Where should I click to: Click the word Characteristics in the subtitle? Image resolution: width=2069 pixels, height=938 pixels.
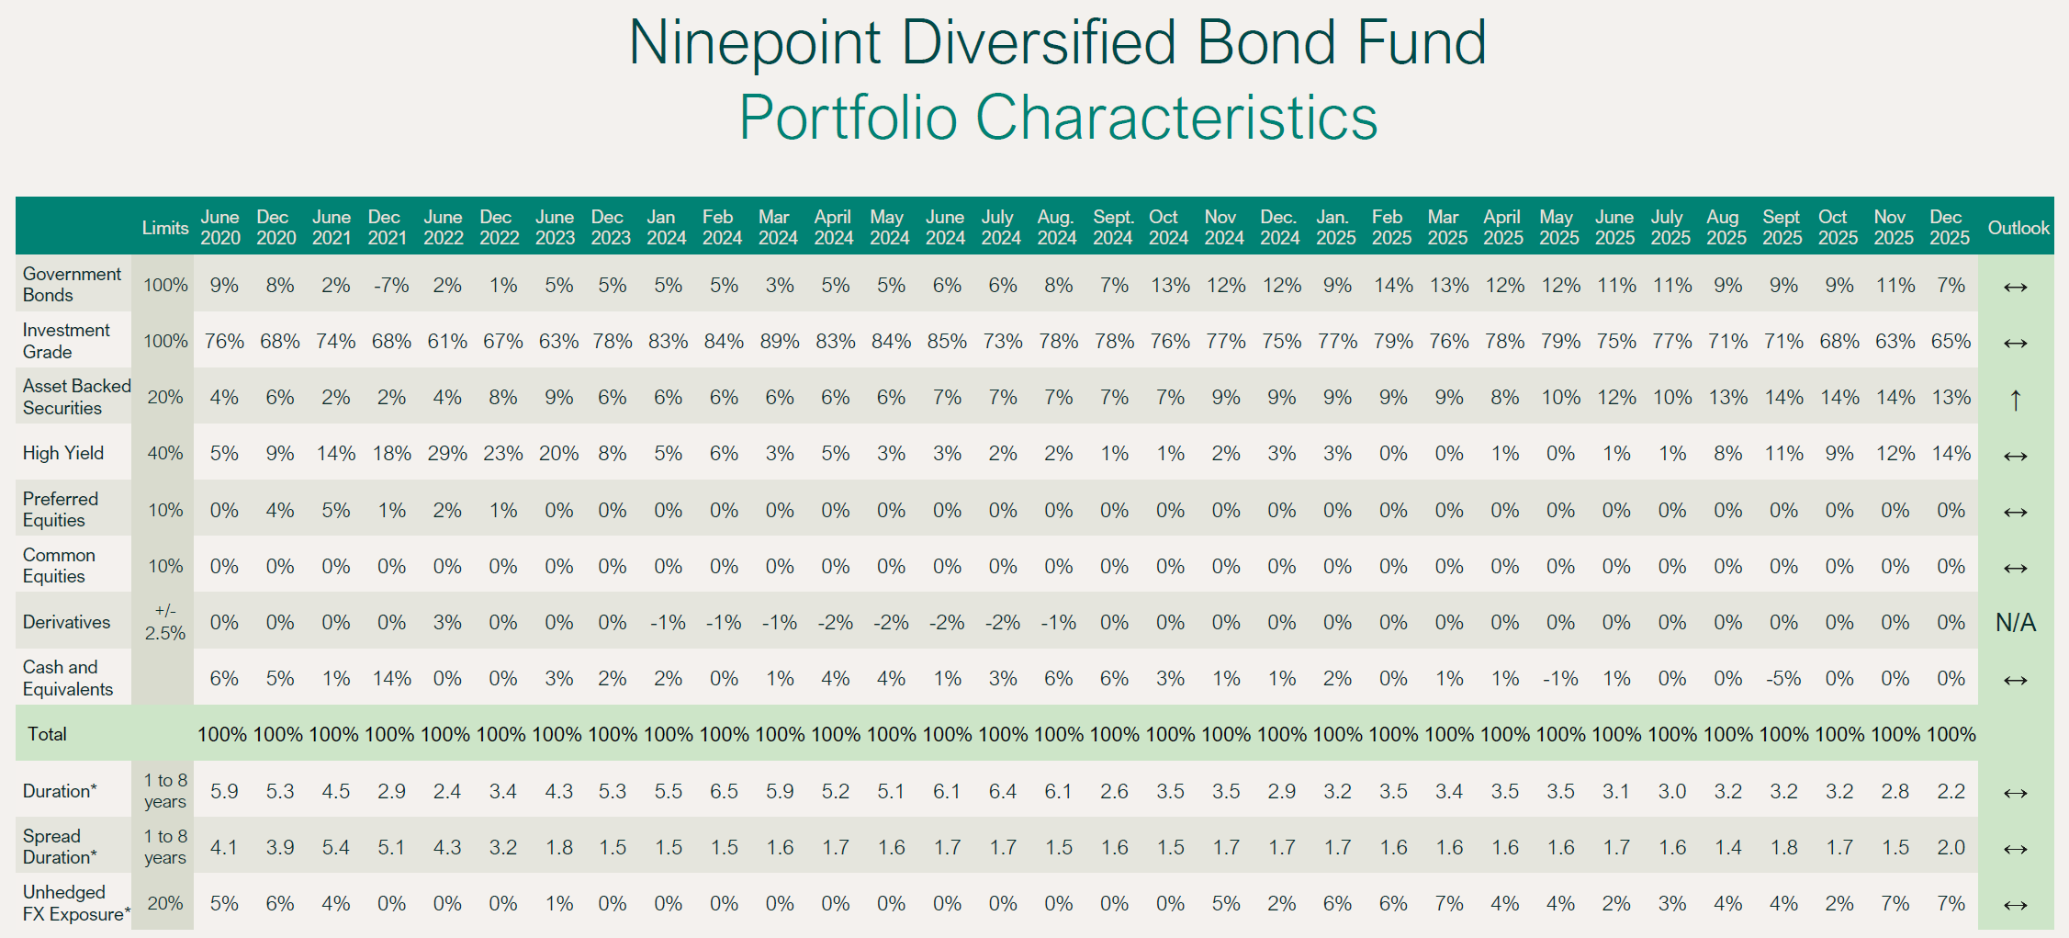point(1176,118)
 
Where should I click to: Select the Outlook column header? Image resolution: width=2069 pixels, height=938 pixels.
point(2018,228)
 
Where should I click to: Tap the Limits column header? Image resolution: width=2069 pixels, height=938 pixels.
point(165,228)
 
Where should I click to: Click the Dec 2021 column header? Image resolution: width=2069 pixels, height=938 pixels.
point(387,228)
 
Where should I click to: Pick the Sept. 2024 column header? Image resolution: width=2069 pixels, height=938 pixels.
point(1113,228)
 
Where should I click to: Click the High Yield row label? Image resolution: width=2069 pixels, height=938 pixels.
point(63,453)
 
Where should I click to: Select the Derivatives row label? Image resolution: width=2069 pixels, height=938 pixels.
point(66,622)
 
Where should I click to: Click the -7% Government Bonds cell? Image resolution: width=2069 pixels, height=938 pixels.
point(391,286)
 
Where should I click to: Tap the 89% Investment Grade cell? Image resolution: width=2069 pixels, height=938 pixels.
point(779,342)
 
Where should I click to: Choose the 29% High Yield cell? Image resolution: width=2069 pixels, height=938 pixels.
point(447,454)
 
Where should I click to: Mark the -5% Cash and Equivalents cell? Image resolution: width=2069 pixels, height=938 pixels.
point(1782,679)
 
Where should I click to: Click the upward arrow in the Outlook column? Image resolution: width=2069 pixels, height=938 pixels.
point(2015,400)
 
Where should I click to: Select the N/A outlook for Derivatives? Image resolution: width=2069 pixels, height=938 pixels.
point(2016,623)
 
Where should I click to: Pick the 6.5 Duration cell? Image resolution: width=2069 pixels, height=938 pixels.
point(724,792)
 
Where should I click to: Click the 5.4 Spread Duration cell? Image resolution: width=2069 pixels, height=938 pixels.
point(335,848)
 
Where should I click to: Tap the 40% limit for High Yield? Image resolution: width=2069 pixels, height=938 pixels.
point(165,454)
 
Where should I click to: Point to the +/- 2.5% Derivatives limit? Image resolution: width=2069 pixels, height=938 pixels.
point(165,622)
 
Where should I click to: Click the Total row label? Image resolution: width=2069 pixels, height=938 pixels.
point(47,734)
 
